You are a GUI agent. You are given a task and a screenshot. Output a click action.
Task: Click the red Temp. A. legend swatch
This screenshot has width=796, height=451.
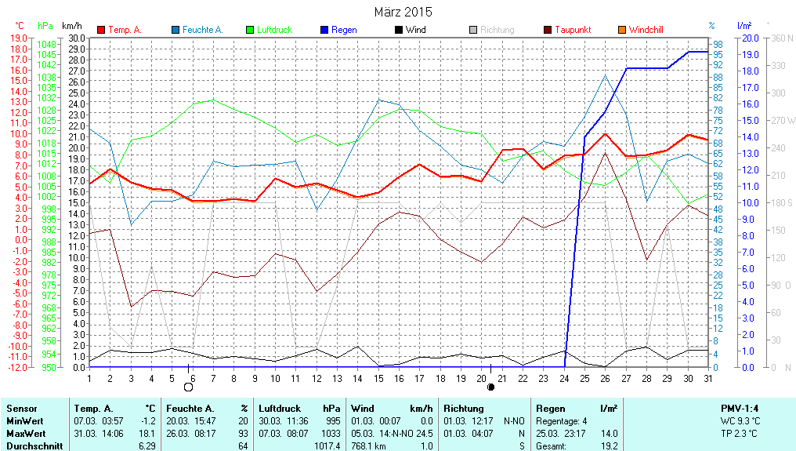coord(101,30)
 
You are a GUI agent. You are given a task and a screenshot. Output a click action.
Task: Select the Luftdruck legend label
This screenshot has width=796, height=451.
coord(274,30)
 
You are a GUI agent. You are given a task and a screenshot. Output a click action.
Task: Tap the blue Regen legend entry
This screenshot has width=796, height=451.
coord(344,30)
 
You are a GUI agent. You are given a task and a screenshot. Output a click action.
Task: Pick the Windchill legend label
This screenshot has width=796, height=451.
coord(646,30)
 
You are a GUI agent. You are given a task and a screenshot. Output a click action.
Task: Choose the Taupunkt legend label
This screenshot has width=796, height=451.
coord(573,30)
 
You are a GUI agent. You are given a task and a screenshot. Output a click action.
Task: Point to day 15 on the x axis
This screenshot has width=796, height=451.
coord(378,378)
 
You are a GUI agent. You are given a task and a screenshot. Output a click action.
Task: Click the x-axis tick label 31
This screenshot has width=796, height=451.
coord(708,378)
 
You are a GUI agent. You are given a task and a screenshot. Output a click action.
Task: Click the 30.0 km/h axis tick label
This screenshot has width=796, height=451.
coord(77,38)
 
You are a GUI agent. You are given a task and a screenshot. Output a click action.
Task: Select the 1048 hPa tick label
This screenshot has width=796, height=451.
coord(46,44)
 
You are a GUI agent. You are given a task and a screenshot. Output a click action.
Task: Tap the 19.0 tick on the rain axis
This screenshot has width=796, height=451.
coord(748,54)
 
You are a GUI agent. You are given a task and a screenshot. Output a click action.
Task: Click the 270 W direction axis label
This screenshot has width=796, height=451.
coord(783,120)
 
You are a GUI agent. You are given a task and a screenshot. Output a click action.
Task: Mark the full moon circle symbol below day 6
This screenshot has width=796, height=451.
coord(188,387)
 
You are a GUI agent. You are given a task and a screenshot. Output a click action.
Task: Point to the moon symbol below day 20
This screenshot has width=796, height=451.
coord(490,387)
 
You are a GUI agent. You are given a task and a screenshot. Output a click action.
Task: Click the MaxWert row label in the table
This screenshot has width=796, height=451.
coord(27,434)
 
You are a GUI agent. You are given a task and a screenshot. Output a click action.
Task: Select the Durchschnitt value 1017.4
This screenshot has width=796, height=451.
coord(327,446)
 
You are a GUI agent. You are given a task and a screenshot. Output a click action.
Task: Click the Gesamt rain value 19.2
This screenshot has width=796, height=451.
coord(609,446)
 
